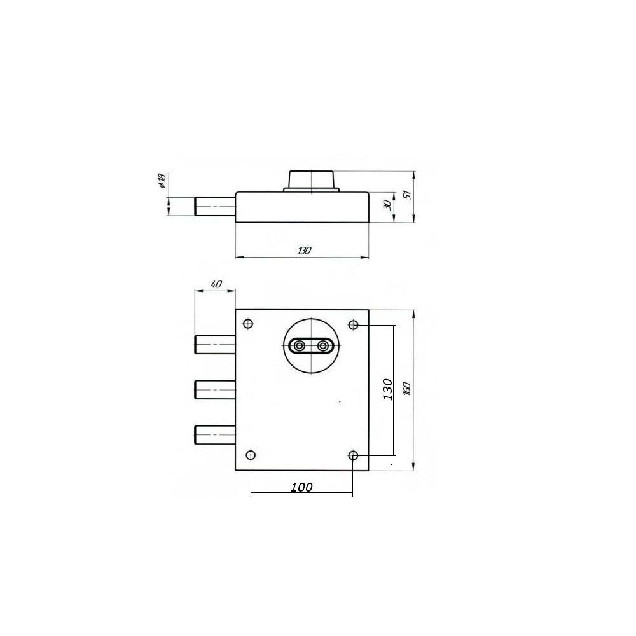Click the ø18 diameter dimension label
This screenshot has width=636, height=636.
pyautogui.click(x=162, y=181)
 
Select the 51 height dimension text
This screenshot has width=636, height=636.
pyautogui.click(x=408, y=194)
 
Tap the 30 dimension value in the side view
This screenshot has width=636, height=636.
pyautogui.click(x=387, y=205)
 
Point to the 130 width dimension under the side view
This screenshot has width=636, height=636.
pyautogui.click(x=304, y=250)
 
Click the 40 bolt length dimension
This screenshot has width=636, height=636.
pyautogui.click(x=216, y=284)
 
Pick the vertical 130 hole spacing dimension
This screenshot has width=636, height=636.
pyautogui.click(x=388, y=389)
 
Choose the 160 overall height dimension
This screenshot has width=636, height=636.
pyautogui.click(x=407, y=389)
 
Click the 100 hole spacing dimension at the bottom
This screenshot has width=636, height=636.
pyautogui.click(x=301, y=487)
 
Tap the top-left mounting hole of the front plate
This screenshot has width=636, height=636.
pyautogui.click(x=248, y=324)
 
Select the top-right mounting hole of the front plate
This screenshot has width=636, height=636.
pyautogui.click(x=354, y=324)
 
